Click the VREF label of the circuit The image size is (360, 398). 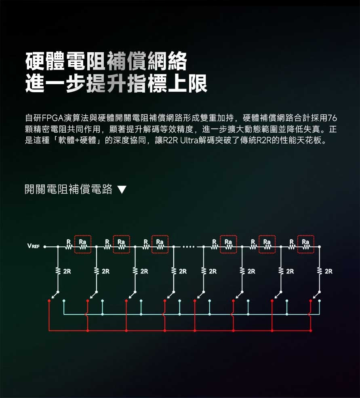pyautogui.click(x=34, y=246)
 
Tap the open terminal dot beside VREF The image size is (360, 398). pyautogui.click(x=44, y=246)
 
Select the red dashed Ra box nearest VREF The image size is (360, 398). pyautogui.click(x=83, y=244)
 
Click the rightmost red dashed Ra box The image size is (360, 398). pyautogui.click(x=306, y=244)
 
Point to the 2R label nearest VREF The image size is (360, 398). pyautogui.click(x=67, y=271)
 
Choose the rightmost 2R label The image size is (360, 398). pyautogui.click(x=328, y=271)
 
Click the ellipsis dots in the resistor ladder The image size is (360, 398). pyautogui.click(x=188, y=247)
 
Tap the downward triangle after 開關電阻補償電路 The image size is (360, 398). pyautogui.click(x=122, y=189)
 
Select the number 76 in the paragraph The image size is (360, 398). pyautogui.click(x=333, y=118)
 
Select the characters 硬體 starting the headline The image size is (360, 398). pyautogui.click(x=46, y=61)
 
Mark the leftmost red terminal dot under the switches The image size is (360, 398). pyautogui.click(x=49, y=301)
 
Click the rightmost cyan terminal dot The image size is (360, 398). pyautogui.click(x=320, y=301)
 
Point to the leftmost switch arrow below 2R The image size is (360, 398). pyautogui.click(x=55, y=295)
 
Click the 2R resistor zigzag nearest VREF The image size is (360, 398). pyautogui.click(x=58, y=271)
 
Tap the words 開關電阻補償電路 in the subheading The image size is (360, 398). pyautogui.click(x=68, y=189)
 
